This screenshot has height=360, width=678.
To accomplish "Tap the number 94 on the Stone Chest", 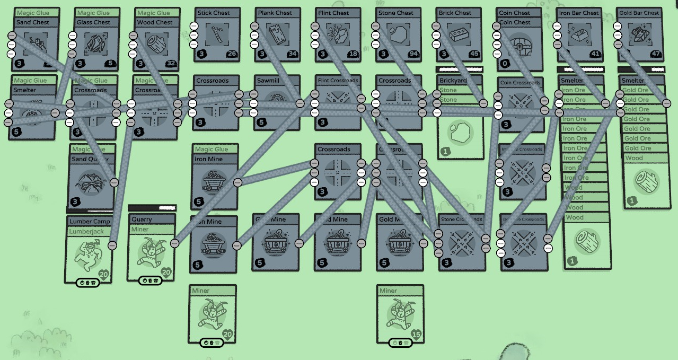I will coord(414,54).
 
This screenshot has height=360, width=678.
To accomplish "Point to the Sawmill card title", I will coord(268,81).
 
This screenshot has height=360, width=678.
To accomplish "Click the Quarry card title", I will coord(142,219).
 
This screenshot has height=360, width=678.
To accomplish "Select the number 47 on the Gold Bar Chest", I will coord(656,54).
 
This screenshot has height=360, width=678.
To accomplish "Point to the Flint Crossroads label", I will coord(338,81).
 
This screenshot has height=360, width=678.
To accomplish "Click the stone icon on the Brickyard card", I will coord(459,133).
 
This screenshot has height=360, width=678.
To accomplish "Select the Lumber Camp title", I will coord(90,222).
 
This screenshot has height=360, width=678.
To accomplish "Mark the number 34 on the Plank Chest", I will coord(293,54).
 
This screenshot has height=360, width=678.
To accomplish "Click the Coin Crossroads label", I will coord(519,83).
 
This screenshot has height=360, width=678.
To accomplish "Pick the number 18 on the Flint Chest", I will coord(353,54).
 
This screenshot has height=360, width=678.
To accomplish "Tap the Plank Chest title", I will coord(275,13).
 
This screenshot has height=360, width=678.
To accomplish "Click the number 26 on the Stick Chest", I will coord(232,54).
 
